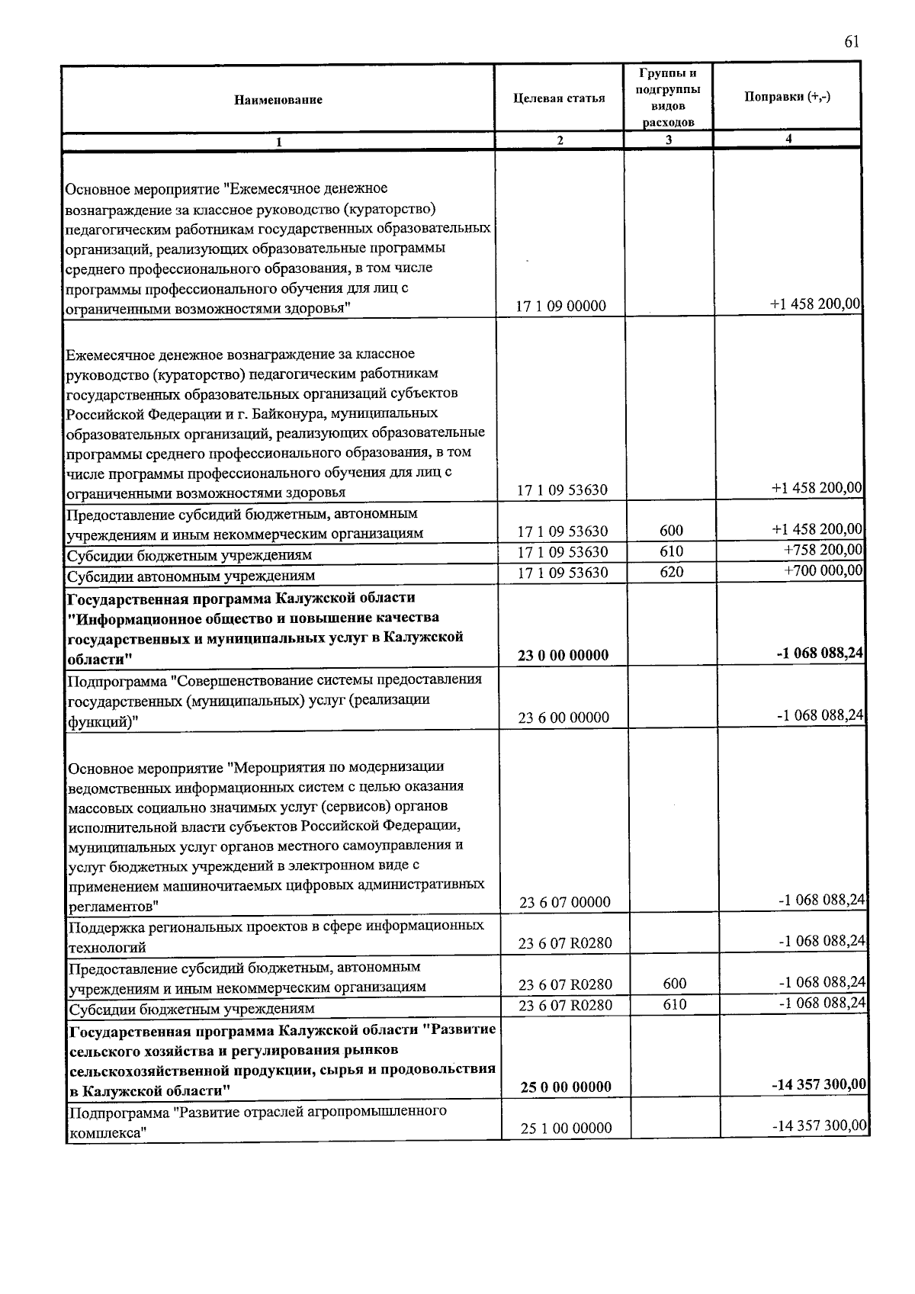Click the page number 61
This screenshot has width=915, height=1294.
click(x=852, y=42)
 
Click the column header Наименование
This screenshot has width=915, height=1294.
click(x=278, y=100)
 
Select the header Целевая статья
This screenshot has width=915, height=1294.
click(x=560, y=98)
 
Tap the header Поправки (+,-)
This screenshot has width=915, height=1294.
click(x=788, y=97)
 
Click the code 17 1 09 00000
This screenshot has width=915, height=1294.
click(x=561, y=306)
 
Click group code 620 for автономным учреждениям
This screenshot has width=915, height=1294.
click(x=672, y=572)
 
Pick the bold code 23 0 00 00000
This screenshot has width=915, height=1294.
click(x=563, y=655)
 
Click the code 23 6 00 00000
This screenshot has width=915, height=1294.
click(x=563, y=718)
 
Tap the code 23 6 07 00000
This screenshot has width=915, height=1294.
click(x=565, y=902)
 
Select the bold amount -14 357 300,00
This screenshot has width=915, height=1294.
click(x=819, y=1084)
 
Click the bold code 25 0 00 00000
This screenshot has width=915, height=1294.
click(x=566, y=1087)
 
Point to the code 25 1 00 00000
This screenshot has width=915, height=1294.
click(x=566, y=1128)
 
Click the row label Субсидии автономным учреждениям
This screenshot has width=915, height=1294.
click(x=191, y=576)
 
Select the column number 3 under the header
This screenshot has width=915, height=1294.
click(x=669, y=140)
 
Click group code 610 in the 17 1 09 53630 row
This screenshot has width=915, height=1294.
click(x=672, y=551)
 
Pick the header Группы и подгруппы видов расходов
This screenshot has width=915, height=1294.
click(x=668, y=98)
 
